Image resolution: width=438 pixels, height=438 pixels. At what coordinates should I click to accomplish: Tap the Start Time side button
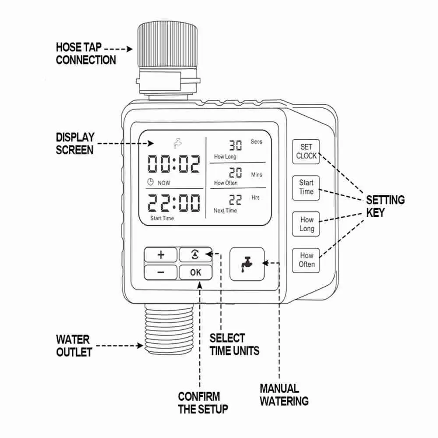(306, 188)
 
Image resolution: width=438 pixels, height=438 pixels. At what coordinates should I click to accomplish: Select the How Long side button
(306, 224)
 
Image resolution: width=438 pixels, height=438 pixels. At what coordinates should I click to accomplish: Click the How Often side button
(306, 260)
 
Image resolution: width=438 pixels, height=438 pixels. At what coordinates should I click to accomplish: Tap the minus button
(161, 272)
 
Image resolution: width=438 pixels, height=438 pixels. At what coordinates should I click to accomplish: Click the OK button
(195, 272)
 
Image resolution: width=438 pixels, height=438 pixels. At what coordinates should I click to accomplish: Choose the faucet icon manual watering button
(247, 264)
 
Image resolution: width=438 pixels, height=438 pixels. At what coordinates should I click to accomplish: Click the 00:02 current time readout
(174, 164)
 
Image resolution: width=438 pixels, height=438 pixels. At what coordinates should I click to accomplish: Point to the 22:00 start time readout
(174, 203)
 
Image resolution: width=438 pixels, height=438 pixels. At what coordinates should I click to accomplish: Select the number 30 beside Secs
(236, 145)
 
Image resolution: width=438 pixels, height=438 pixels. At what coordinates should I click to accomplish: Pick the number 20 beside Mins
(236, 172)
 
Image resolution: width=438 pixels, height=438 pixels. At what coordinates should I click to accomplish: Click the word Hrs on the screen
(255, 198)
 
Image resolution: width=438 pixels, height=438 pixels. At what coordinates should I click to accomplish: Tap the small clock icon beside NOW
(150, 182)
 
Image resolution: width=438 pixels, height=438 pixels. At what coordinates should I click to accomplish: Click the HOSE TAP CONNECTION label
(86, 53)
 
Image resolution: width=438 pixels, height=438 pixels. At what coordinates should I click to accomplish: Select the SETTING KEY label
(385, 206)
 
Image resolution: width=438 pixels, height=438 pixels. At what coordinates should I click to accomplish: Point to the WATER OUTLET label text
(74, 346)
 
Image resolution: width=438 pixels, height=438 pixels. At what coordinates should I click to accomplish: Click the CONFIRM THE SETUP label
(203, 403)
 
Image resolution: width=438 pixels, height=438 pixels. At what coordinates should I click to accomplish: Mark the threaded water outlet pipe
(169, 329)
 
